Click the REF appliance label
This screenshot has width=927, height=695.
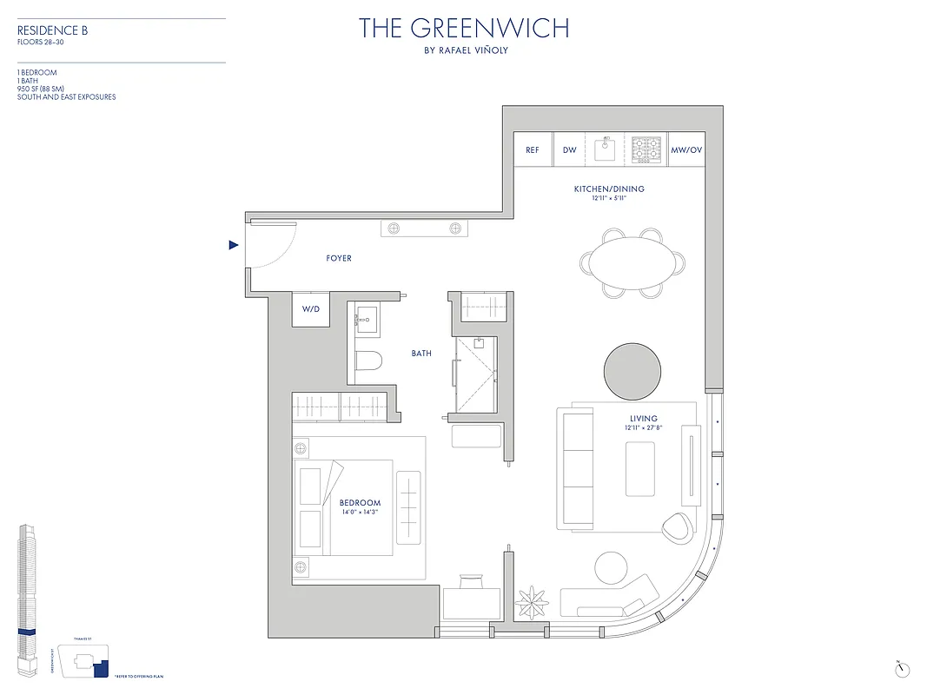click(x=533, y=150)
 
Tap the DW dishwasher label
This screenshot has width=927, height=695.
click(x=570, y=150)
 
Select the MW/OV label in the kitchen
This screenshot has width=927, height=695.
click(x=686, y=150)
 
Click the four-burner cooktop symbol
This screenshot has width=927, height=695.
click(x=646, y=149)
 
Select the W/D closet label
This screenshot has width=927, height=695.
click(x=311, y=309)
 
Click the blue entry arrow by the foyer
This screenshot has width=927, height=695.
click(x=233, y=246)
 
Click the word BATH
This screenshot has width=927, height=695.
click(x=421, y=354)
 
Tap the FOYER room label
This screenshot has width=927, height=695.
click(x=339, y=259)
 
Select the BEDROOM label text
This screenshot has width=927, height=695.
click(x=360, y=503)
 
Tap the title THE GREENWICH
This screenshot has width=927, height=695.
click(x=464, y=29)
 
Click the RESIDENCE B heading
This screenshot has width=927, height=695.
click(x=53, y=31)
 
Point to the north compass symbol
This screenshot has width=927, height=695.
click(x=901, y=667)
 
